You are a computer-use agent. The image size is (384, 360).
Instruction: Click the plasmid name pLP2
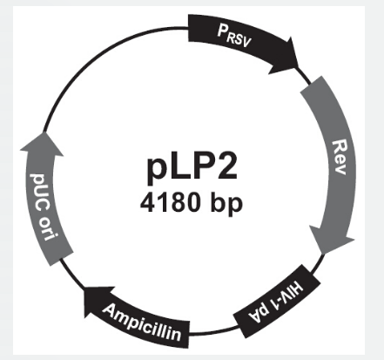point(192,166)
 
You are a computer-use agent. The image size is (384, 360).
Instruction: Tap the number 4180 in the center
point(170,202)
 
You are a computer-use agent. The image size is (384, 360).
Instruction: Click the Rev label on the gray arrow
point(340,157)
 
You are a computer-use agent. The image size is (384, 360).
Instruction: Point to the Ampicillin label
point(142,323)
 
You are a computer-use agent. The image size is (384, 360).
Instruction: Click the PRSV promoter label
point(234,36)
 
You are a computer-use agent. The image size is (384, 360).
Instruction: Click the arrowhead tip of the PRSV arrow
point(298,67)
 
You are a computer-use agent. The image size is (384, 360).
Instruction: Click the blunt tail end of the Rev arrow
point(311,85)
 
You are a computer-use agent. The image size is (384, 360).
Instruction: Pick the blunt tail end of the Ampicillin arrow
point(189,335)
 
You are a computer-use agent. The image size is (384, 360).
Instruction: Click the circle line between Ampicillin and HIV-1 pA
point(214,332)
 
